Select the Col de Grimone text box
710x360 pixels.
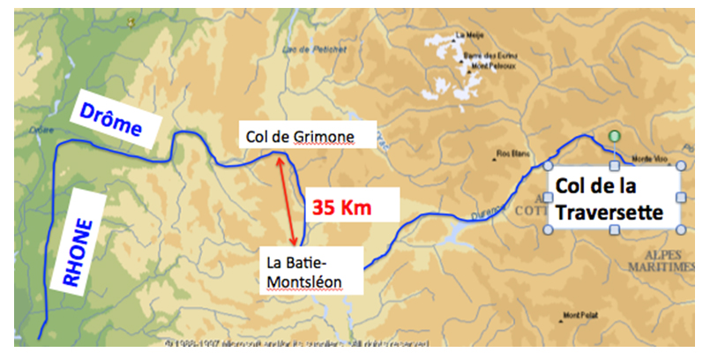click(x=295, y=137)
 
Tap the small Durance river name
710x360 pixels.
click(x=495, y=211)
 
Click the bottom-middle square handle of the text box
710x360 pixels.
click(x=614, y=231)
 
